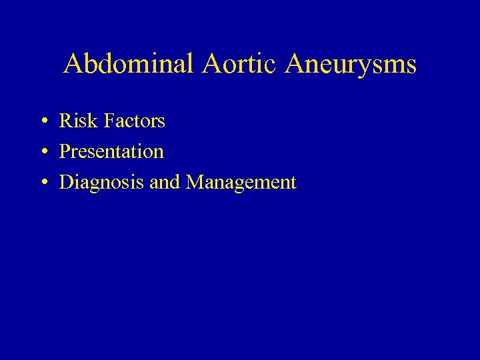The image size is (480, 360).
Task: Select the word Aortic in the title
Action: [x=229, y=65]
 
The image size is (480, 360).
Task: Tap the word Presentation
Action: [x=111, y=152]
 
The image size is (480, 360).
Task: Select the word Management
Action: [x=241, y=183]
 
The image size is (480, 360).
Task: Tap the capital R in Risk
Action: [x=66, y=121]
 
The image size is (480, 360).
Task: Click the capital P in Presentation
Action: [x=65, y=152]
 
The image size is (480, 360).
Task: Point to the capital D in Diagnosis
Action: [x=66, y=183]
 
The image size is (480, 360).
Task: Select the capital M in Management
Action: [x=195, y=183]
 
